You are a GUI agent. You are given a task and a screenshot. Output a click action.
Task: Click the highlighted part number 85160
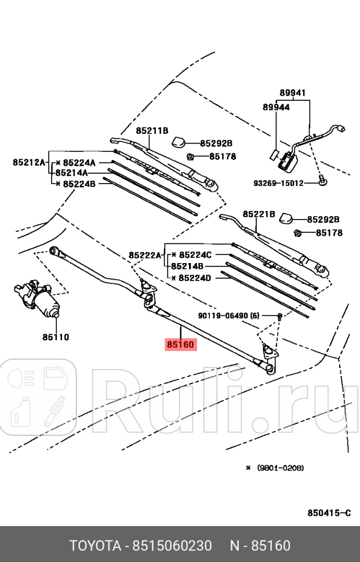pyautogui.click(x=181, y=345)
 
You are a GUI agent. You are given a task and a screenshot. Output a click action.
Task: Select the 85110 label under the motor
pyautogui.click(x=55, y=337)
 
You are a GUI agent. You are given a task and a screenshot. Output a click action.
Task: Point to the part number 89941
pyautogui.click(x=292, y=93)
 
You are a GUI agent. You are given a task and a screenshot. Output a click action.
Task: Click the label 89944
pyautogui.click(x=276, y=107)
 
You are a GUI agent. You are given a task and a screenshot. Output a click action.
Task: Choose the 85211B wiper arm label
pyautogui.click(x=152, y=131)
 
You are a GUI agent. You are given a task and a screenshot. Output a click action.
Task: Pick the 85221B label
pyautogui.click(x=259, y=214)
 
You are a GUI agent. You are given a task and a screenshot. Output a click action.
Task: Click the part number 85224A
pyautogui.click(x=79, y=163)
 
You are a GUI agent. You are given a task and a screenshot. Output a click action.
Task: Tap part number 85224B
pyautogui.click(x=79, y=183)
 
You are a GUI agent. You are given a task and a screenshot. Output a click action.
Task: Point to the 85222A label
pyautogui.click(x=145, y=255)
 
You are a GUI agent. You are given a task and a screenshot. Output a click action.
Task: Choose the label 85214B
pyautogui.click(x=187, y=267)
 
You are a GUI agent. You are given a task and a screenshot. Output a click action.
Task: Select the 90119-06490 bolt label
pyautogui.click(x=228, y=316)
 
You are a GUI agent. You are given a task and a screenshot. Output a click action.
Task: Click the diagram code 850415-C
pyautogui.click(x=329, y=513)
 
